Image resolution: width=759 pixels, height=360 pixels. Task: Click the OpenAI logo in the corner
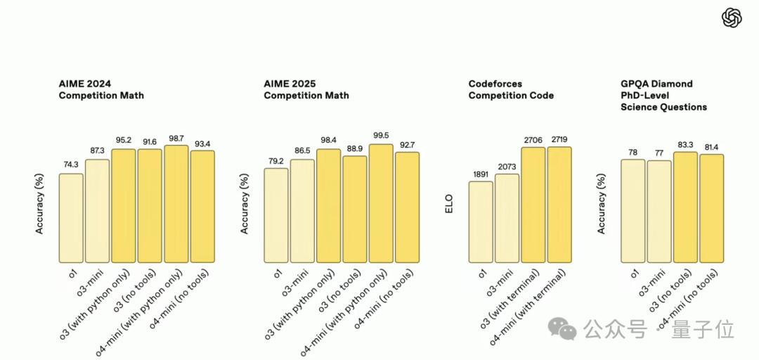732,18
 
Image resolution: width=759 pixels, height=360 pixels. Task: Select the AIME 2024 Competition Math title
101,89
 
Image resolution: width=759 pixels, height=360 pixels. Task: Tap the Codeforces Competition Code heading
511,89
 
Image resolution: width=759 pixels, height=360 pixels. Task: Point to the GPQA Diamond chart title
663,95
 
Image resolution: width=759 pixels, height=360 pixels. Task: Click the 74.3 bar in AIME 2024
71,218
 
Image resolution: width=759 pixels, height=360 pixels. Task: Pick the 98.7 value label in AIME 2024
176,139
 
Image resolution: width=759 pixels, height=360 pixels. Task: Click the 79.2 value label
275,161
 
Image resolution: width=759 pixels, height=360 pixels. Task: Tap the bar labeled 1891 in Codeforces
481,222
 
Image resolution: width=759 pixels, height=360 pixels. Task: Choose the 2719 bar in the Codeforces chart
559,205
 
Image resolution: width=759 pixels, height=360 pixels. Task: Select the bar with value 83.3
685,207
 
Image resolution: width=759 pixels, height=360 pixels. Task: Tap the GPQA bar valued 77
659,212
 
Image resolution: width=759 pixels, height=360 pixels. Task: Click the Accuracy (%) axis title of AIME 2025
245,204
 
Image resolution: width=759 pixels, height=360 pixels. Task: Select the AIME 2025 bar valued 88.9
354,210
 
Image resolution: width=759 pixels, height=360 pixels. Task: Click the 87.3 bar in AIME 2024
97,211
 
